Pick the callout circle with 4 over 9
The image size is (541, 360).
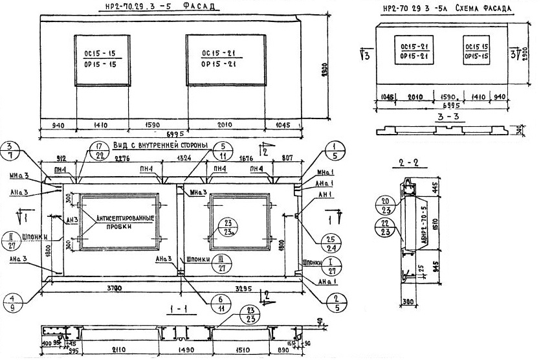11,303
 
